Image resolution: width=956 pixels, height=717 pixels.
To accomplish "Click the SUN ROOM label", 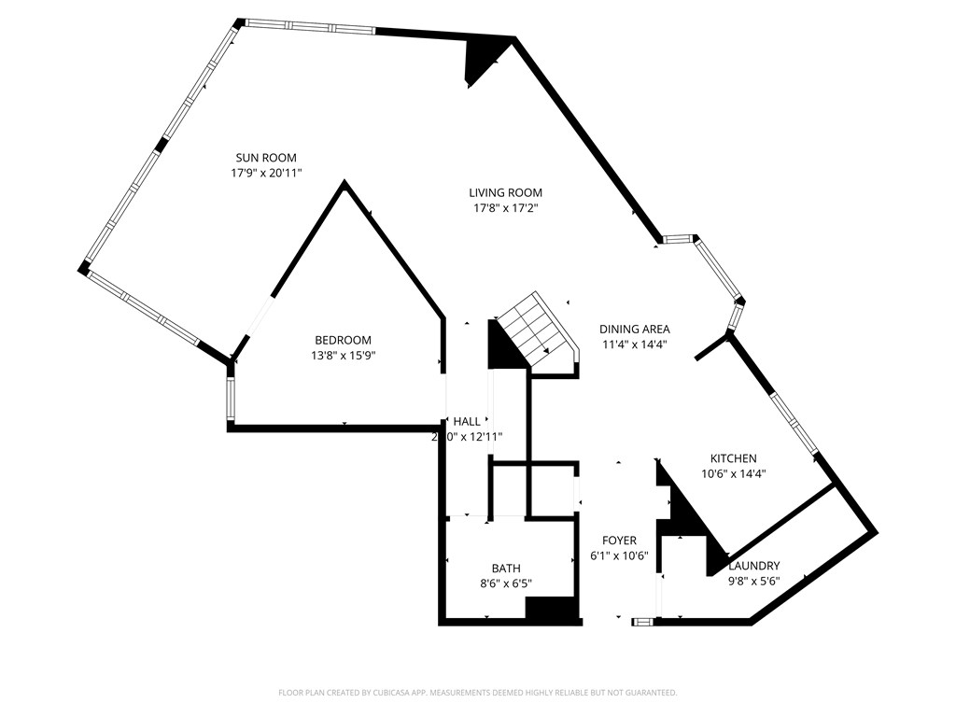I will tap(266, 158).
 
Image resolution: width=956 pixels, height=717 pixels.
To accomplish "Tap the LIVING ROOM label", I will tap(505, 192).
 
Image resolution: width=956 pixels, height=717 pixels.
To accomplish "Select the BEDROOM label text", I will tap(343, 340).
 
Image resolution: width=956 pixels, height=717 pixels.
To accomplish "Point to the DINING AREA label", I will tap(634, 329).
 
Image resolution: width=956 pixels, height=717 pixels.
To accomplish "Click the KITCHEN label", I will tap(733, 458).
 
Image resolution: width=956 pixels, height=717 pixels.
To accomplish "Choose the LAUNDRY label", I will tap(753, 566).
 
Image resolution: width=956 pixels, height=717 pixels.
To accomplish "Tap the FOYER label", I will tap(619, 541).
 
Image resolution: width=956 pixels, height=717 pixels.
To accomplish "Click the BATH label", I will tap(506, 569).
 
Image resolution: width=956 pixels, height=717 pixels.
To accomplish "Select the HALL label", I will tap(467, 421).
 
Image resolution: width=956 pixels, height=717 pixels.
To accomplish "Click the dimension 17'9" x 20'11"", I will tap(266, 173).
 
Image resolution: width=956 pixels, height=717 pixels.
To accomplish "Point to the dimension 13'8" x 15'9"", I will tap(343, 355).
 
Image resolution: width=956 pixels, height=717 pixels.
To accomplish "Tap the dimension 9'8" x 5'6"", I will tap(753, 581).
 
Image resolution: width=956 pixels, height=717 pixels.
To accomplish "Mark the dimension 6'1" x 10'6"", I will tap(619, 555).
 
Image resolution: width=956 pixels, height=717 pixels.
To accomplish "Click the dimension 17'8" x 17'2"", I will tap(505, 207).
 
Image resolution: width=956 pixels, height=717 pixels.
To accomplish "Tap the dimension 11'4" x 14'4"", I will tap(634, 344).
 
